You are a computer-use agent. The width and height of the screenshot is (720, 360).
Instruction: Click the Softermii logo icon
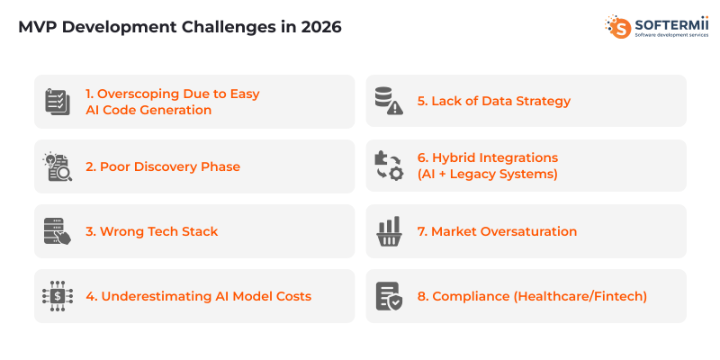(618, 27)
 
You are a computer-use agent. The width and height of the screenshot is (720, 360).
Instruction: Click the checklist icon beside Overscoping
(58, 102)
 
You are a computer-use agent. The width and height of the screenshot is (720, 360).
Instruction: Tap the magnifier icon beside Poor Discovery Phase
(58, 166)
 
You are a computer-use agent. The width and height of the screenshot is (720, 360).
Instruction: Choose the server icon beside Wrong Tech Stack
(58, 231)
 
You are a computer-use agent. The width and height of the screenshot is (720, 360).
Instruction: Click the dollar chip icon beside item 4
(58, 296)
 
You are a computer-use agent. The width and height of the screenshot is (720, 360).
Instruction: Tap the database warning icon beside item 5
(389, 102)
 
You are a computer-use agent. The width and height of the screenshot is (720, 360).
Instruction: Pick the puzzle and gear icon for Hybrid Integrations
(389, 166)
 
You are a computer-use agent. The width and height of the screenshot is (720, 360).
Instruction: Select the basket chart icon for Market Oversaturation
(389, 231)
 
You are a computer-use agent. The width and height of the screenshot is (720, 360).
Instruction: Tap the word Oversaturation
(526, 231)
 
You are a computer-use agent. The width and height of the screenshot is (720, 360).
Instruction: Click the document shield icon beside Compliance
(389, 296)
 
